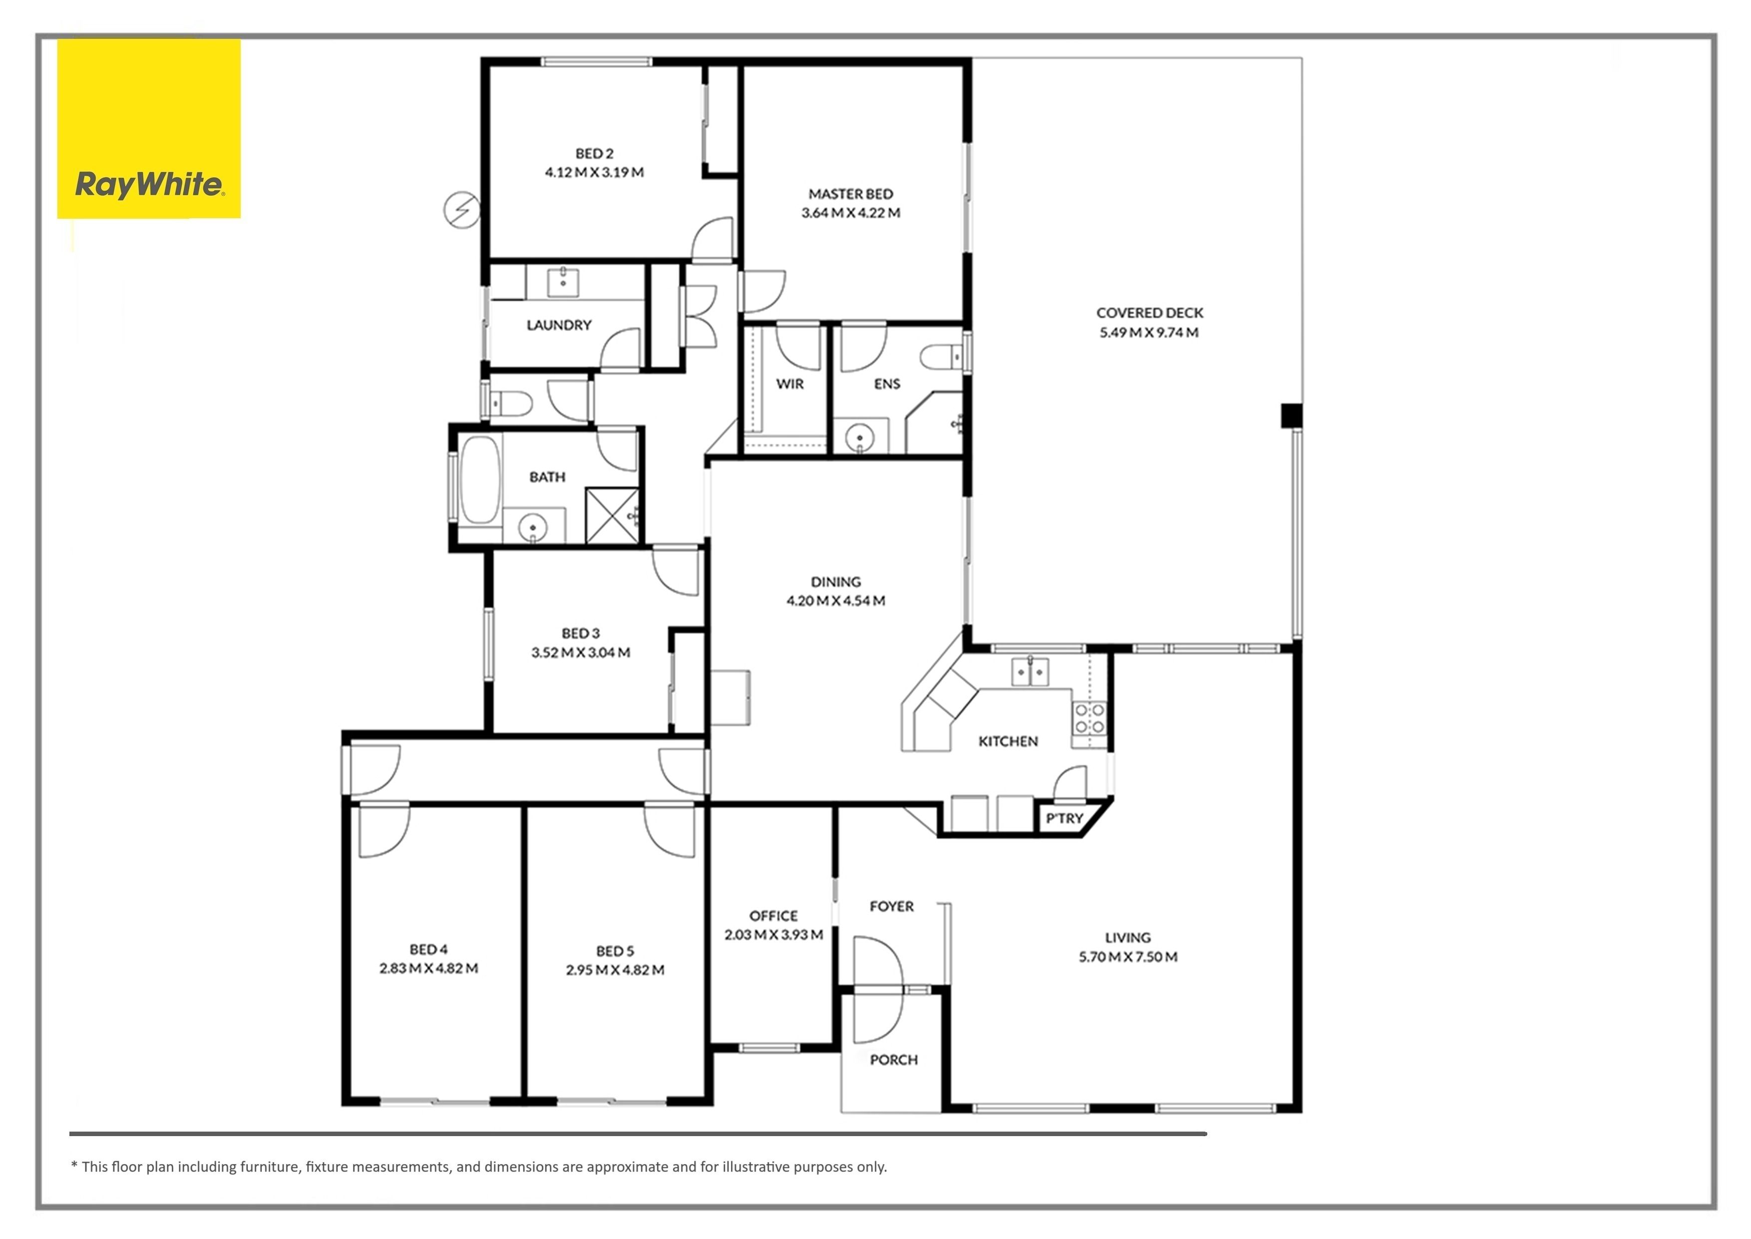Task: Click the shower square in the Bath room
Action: click(612, 516)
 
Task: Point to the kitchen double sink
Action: click(1031, 671)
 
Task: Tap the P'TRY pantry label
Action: click(1064, 819)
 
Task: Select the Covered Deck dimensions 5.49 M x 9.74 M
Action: click(1148, 333)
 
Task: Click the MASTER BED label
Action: click(850, 194)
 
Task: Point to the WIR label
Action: click(789, 384)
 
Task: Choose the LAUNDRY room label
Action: click(559, 325)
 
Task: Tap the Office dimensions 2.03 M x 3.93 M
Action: click(773, 934)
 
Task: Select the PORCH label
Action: click(894, 1060)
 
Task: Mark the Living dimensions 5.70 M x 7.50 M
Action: click(1128, 957)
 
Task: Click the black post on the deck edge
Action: click(1290, 416)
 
